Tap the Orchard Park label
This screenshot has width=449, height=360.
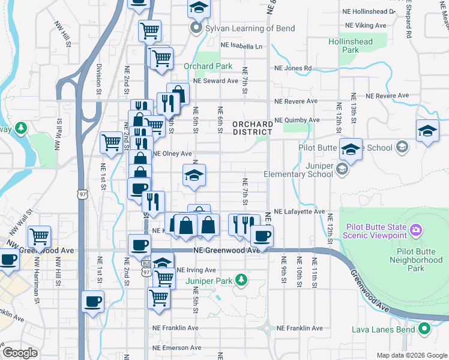coord(208,66)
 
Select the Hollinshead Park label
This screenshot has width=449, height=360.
coord(351,46)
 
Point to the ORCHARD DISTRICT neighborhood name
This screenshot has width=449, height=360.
coord(253,128)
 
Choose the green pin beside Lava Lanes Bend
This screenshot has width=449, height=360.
coord(425,328)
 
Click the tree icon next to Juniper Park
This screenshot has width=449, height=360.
coord(241,280)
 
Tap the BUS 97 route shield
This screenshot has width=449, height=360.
coord(146,268)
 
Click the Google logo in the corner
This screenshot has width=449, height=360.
coord(20,353)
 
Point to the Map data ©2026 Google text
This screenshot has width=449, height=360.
coord(412,355)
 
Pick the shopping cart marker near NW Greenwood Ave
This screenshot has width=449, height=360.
coord(40,237)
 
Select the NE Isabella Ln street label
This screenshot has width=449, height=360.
coord(241,46)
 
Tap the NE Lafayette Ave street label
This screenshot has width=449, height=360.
coord(299,212)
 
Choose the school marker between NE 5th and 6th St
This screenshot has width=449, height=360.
coord(194,175)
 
